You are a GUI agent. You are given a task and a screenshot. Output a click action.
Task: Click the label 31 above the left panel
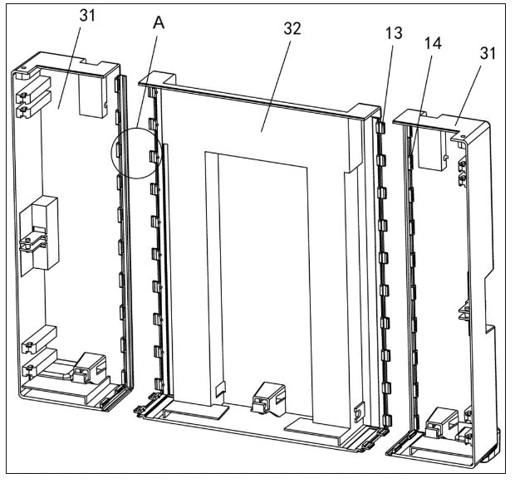pyautogui.click(x=87, y=16)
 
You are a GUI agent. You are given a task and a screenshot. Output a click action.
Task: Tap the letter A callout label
pyautogui.click(x=159, y=23)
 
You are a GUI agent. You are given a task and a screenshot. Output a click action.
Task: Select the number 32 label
pyautogui.click(x=292, y=29)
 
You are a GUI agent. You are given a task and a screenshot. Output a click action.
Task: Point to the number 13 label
pyautogui.click(x=394, y=33)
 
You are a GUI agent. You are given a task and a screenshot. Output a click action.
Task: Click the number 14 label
pyautogui.click(x=433, y=43)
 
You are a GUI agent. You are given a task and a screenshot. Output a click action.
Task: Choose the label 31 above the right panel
pyautogui.click(x=488, y=53)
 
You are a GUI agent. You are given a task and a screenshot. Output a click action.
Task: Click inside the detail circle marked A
pyautogui.click(x=136, y=154)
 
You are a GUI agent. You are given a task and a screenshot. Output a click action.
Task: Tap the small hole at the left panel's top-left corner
pyautogui.click(x=23, y=68)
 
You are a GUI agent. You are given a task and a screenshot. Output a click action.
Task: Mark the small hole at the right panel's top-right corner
pyautogui.click(x=463, y=136)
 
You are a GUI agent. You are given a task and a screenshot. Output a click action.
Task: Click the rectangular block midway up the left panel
pyautogui.click(x=46, y=232)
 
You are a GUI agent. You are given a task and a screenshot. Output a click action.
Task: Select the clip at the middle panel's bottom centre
pyautogui.click(x=268, y=398)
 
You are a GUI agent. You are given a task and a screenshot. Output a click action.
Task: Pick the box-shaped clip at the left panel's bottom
pyautogui.click(x=90, y=368)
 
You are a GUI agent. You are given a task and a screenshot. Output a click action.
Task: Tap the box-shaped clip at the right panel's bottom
pyautogui.click(x=441, y=423)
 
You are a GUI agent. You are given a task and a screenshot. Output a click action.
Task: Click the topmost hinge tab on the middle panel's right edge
pyautogui.click(x=380, y=127)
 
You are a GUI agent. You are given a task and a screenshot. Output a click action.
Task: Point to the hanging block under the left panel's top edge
pyautogui.click(x=93, y=95)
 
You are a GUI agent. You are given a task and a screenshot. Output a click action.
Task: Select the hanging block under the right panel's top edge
pyautogui.click(x=433, y=149)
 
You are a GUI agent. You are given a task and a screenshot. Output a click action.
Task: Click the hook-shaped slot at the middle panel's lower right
pyautogui.click(x=360, y=412)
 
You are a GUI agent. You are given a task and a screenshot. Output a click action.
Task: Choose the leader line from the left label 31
pyautogui.click(x=69, y=67)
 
